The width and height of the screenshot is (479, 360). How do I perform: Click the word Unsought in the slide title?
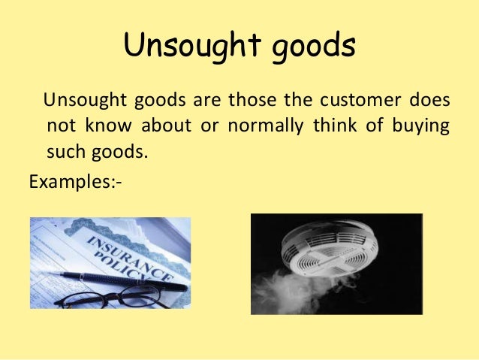click(x=179, y=47)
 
